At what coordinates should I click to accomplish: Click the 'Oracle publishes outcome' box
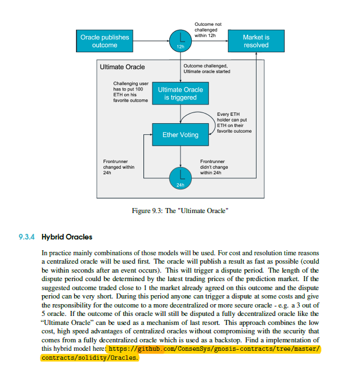(104, 41)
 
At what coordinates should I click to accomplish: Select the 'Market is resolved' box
(256, 41)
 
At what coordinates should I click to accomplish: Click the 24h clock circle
(181, 177)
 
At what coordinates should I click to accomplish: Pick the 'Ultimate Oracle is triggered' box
(181, 93)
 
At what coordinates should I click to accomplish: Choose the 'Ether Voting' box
(181, 135)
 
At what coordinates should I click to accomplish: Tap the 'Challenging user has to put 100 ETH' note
(131, 92)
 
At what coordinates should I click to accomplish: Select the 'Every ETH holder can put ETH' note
(233, 122)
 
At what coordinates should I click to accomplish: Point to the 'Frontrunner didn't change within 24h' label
(214, 168)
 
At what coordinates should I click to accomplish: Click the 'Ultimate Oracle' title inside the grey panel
(122, 67)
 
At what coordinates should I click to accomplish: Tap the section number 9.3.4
(28, 237)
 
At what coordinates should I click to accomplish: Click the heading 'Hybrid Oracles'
(67, 237)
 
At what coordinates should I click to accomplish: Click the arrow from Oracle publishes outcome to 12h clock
(152, 41)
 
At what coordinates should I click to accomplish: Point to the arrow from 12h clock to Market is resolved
(208, 41)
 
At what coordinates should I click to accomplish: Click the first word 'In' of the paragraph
(44, 254)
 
